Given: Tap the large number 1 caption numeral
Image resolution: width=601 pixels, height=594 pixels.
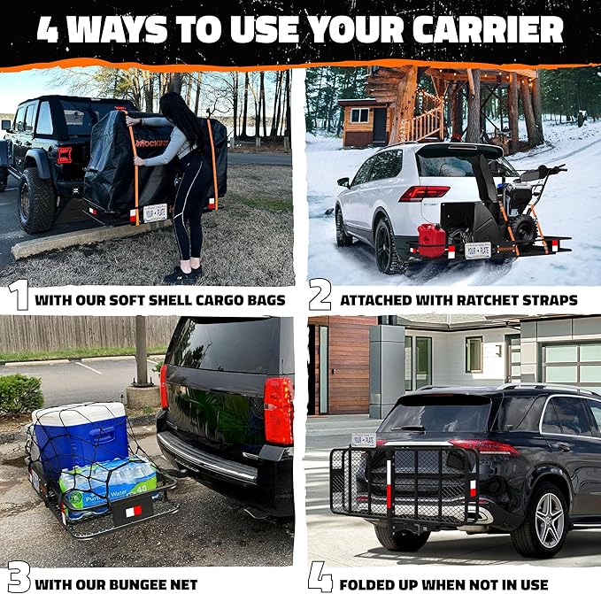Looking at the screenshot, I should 18,296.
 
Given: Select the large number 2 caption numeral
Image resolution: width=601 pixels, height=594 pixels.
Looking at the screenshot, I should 320,296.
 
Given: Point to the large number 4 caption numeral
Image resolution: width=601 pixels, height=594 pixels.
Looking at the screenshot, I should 320,577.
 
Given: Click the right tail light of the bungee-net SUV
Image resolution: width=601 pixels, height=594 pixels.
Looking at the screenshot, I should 278,411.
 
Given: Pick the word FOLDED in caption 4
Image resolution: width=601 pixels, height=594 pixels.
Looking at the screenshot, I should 373,583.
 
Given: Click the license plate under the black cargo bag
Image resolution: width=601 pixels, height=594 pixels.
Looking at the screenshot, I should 155,212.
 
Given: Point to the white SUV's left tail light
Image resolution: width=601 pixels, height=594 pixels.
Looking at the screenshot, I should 422,193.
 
